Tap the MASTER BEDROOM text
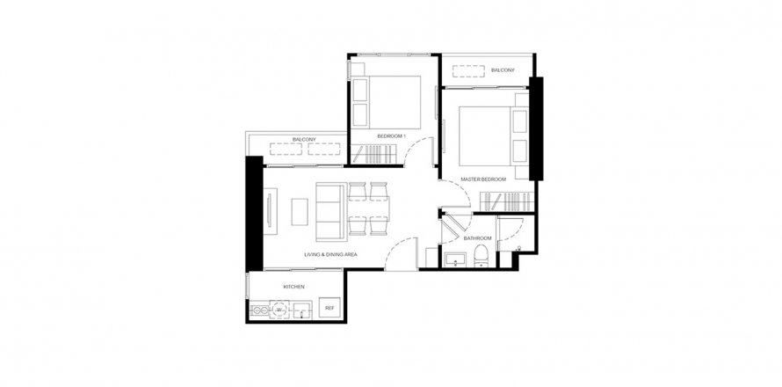[484, 179]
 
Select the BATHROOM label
[477, 237]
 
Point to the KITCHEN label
[293, 288]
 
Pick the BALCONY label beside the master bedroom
[503, 69]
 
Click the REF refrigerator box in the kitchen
[329, 308]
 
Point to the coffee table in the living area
[300, 212]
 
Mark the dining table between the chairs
[369, 210]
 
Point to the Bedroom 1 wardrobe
[376, 157]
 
